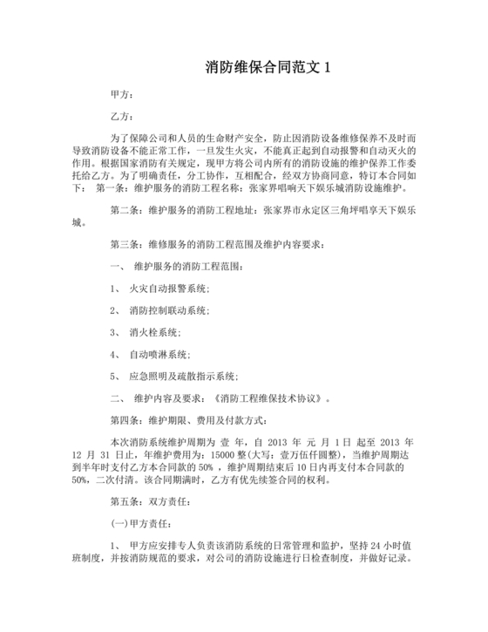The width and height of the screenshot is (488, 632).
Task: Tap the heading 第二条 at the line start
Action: [124, 210]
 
